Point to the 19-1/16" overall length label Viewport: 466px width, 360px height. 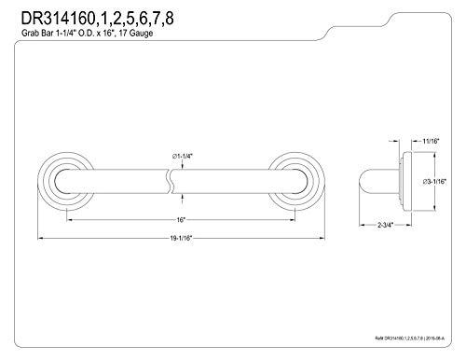pyautogui.click(x=166, y=239)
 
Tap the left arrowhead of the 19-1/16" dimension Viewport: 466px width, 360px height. pyautogui.click(x=40, y=239)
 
